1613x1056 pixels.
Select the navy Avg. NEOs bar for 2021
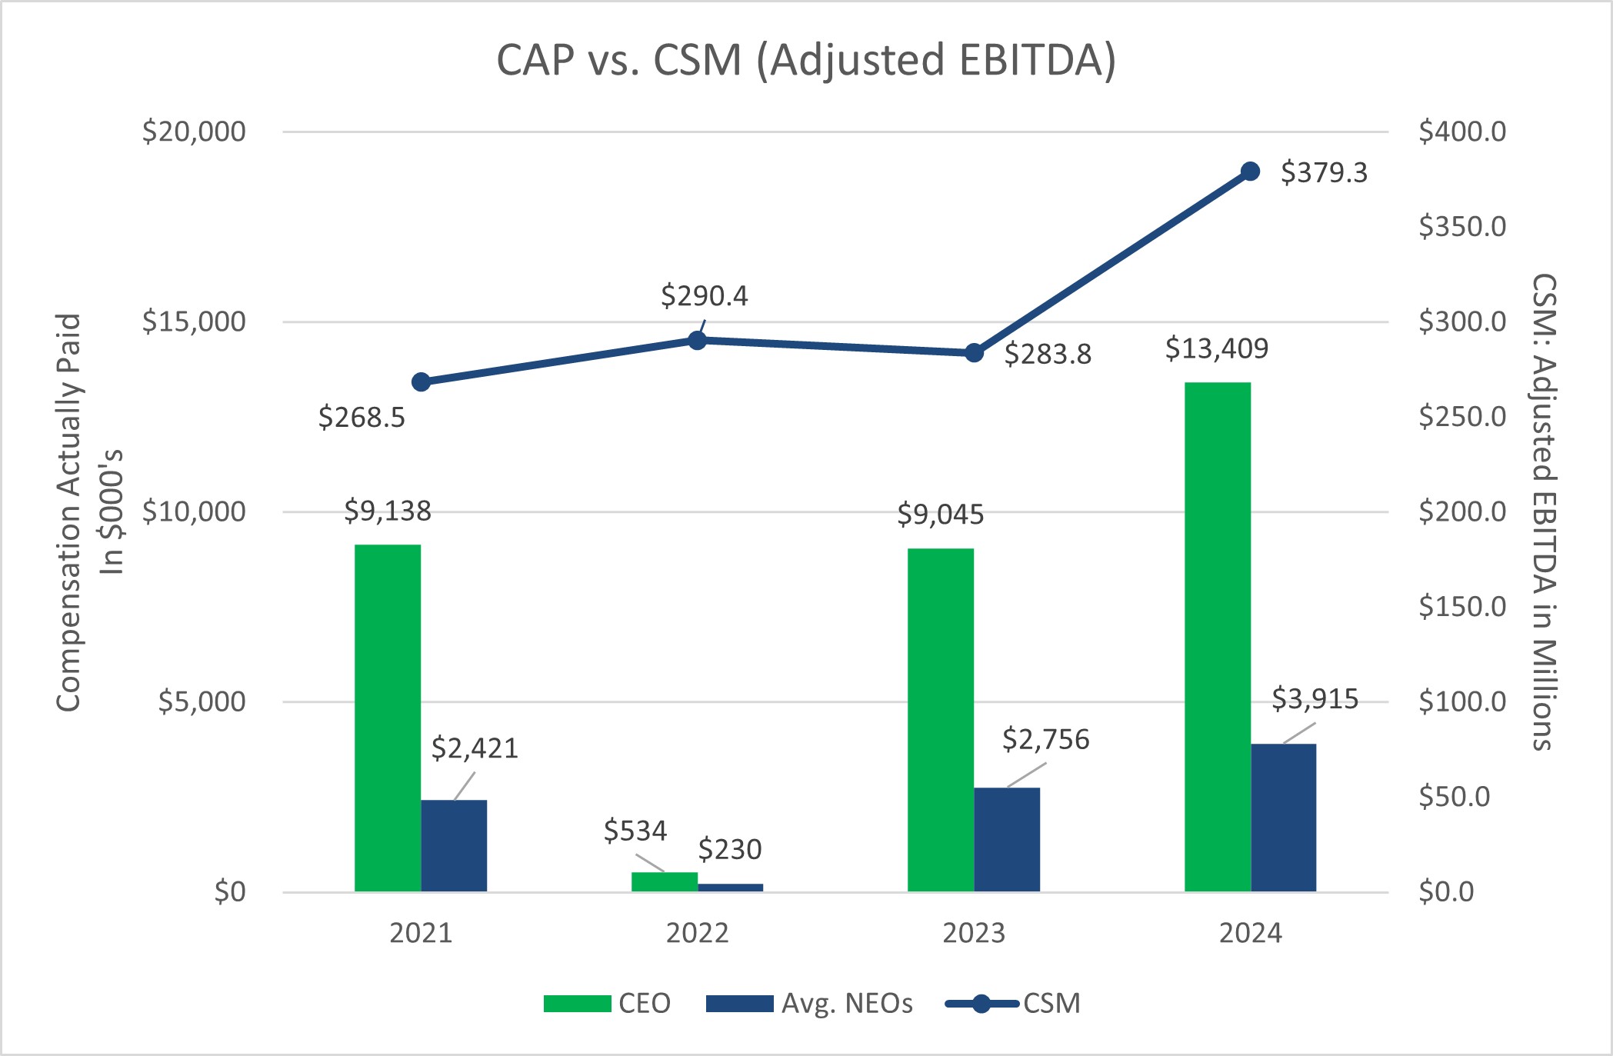[x=454, y=845]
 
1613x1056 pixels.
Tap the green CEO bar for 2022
[x=664, y=881]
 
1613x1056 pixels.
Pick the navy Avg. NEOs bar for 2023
[x=1007, y=839]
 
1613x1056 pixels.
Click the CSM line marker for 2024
[x=1251, y=172]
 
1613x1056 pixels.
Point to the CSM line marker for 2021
[x=421, y=382]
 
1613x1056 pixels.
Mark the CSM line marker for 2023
[x=974, y=353]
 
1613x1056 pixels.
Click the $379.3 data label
[x=1324, y=172]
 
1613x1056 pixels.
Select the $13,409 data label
[x=1216, y=348]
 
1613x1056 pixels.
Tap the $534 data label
[x=635, y=831]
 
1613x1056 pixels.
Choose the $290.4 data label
[x=704, y=296]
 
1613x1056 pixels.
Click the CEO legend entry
[x=608, y=1003]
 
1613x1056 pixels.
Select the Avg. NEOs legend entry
[x=809, y=1003]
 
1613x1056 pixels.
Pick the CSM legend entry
[x=1013, y=1003]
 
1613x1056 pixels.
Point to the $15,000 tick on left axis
[x=194, y=321]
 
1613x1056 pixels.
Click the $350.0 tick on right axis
[x=1462, y=227]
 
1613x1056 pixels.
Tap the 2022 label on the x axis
[x=697, y=933]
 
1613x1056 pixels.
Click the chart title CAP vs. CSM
[x=805, y=60]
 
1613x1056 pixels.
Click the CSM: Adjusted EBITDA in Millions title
[x=1543, y=511]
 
